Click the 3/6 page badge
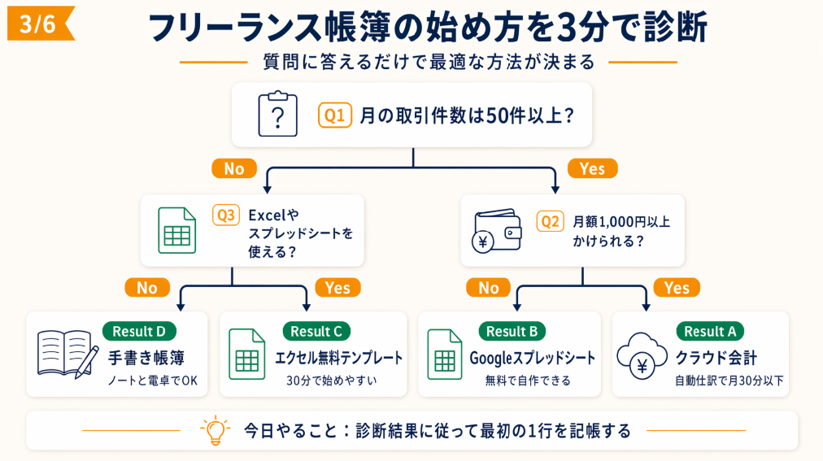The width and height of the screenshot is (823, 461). [x=39, y=24]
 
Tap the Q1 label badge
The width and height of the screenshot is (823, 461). [x=334, y=115]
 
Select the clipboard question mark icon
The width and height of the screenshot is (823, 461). [x=277, y=115]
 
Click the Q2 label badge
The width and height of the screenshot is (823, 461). [x=551, y=220]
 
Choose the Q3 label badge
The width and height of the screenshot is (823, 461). [x=226, y=215]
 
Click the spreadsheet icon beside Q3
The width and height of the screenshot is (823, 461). [x=176, y=230]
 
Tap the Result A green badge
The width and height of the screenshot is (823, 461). [x=710, y=331]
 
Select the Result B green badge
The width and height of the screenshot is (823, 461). [x=512, y=331]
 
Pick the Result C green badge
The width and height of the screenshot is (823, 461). [x=316, y=331]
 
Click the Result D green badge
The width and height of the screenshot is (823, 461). [x=139, y=331]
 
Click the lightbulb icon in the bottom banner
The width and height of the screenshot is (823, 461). [x=215, y=430]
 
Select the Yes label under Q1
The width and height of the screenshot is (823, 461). [x=592, y=168]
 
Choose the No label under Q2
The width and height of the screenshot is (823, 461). [x=489, y=288]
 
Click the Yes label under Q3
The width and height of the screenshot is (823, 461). [x=337, y=288]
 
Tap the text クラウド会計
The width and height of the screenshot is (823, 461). [x=716, y=358]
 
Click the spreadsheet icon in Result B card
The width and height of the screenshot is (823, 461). [x=444, y=354]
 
